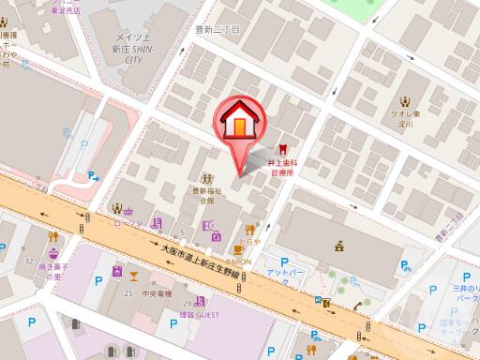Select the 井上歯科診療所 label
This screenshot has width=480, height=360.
coord(281,167)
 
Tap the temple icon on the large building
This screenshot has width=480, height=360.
coord(337,246)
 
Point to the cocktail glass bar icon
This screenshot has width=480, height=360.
coord(137,274)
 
